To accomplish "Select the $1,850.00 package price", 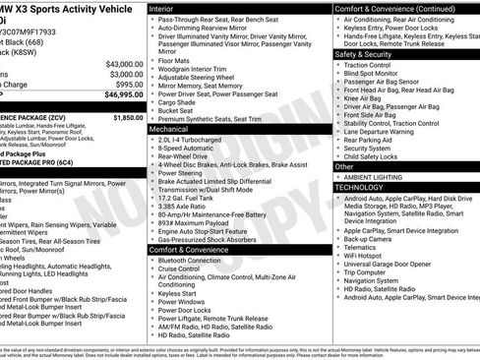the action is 128,117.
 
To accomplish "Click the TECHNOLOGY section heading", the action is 359,186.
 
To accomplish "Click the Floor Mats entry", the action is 175,58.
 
